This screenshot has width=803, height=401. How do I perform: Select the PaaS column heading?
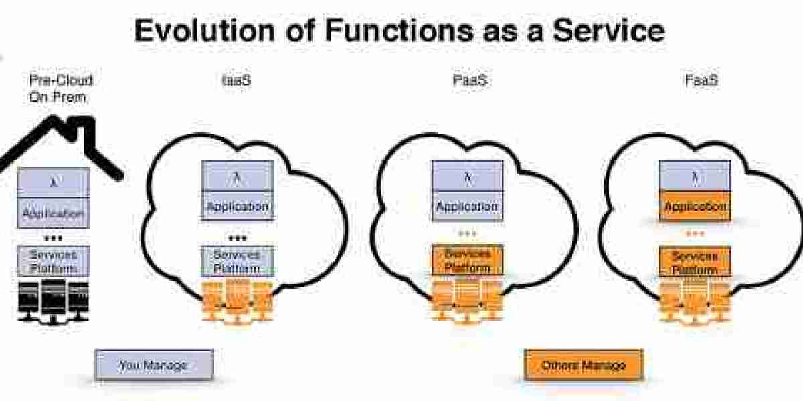[x=468, y=80]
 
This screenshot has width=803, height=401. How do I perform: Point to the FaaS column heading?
[x=701, y=80]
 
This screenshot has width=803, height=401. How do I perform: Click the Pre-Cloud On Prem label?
[x=60, y=88]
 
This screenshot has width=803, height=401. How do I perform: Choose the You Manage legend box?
[x=154, y=365]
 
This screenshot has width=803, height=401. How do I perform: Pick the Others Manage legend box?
[x=583, y=365]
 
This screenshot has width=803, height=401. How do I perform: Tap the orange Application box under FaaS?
[x=695, y=206]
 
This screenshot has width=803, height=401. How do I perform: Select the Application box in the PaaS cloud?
[x=467, y=206]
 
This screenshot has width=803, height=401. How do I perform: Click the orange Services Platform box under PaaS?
[x=467, y=260]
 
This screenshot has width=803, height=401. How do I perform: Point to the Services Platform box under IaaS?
[x=238, y=261]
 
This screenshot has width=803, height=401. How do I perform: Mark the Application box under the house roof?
[x=54, y=213]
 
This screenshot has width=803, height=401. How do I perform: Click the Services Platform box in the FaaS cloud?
[x=695, y=263]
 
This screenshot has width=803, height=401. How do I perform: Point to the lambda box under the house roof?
[x=54, y=182]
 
